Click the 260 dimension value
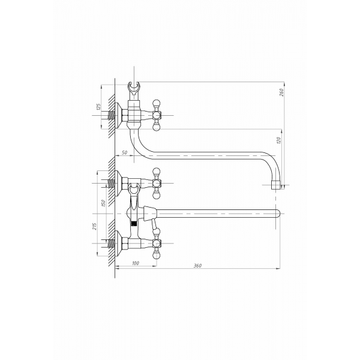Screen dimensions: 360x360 pyautogui.click(x=282, y=92)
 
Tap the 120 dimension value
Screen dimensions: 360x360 pyautogui.click(x=279, y=140)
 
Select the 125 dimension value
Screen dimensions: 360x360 pyautogui.click(x=98, y=107)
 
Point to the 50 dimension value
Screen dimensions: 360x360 pyautogui.click(x=124, y=152)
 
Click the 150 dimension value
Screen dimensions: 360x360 pyautogui.click(x=103, y=203)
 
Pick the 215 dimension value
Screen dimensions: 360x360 pyautogui.click(x=94, y=226)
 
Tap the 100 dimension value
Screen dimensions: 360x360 pyautogui.click(x=136, y=263)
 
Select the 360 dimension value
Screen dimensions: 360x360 pyautogui.click(x=197, y=266)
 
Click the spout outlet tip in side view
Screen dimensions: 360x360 pyautogui.click(x=275, y=185)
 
